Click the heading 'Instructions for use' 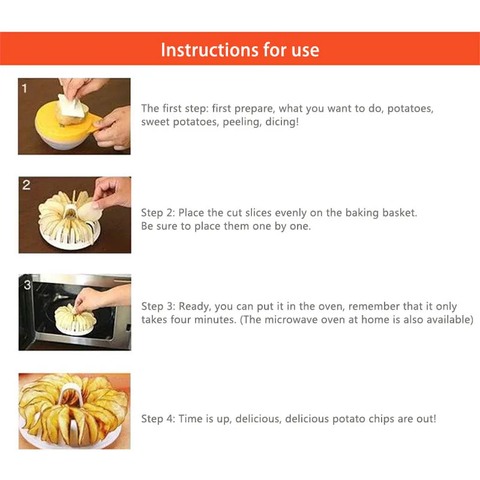[x=240, y=49]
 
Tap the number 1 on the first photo [x=25, y=89]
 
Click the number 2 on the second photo [x=26, y=185]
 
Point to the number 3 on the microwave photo [x=27, y=285]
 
